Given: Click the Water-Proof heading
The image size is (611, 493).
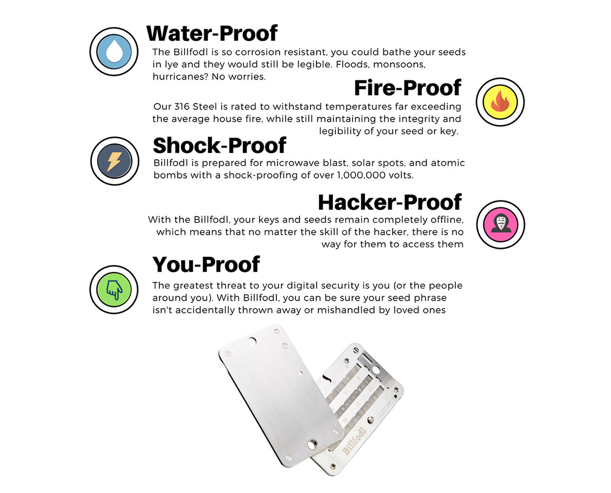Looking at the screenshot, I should point(212,34).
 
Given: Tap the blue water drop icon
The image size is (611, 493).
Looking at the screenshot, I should point(114,52).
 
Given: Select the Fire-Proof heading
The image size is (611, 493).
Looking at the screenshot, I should point(407,88).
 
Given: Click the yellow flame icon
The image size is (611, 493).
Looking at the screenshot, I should point(500,102).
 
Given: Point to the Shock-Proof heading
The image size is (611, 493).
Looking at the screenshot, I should point(219,146).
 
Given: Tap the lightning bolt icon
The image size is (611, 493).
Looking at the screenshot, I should point(114,161).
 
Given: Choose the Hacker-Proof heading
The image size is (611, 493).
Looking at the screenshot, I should point(389,203).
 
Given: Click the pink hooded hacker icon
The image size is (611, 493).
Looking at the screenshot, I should point(501,224).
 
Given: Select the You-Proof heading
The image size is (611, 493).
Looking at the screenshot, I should point(206,265).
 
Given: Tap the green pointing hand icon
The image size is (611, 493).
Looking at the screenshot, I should point(114,289).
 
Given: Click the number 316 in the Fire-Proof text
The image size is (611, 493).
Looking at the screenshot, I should point(181,106).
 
